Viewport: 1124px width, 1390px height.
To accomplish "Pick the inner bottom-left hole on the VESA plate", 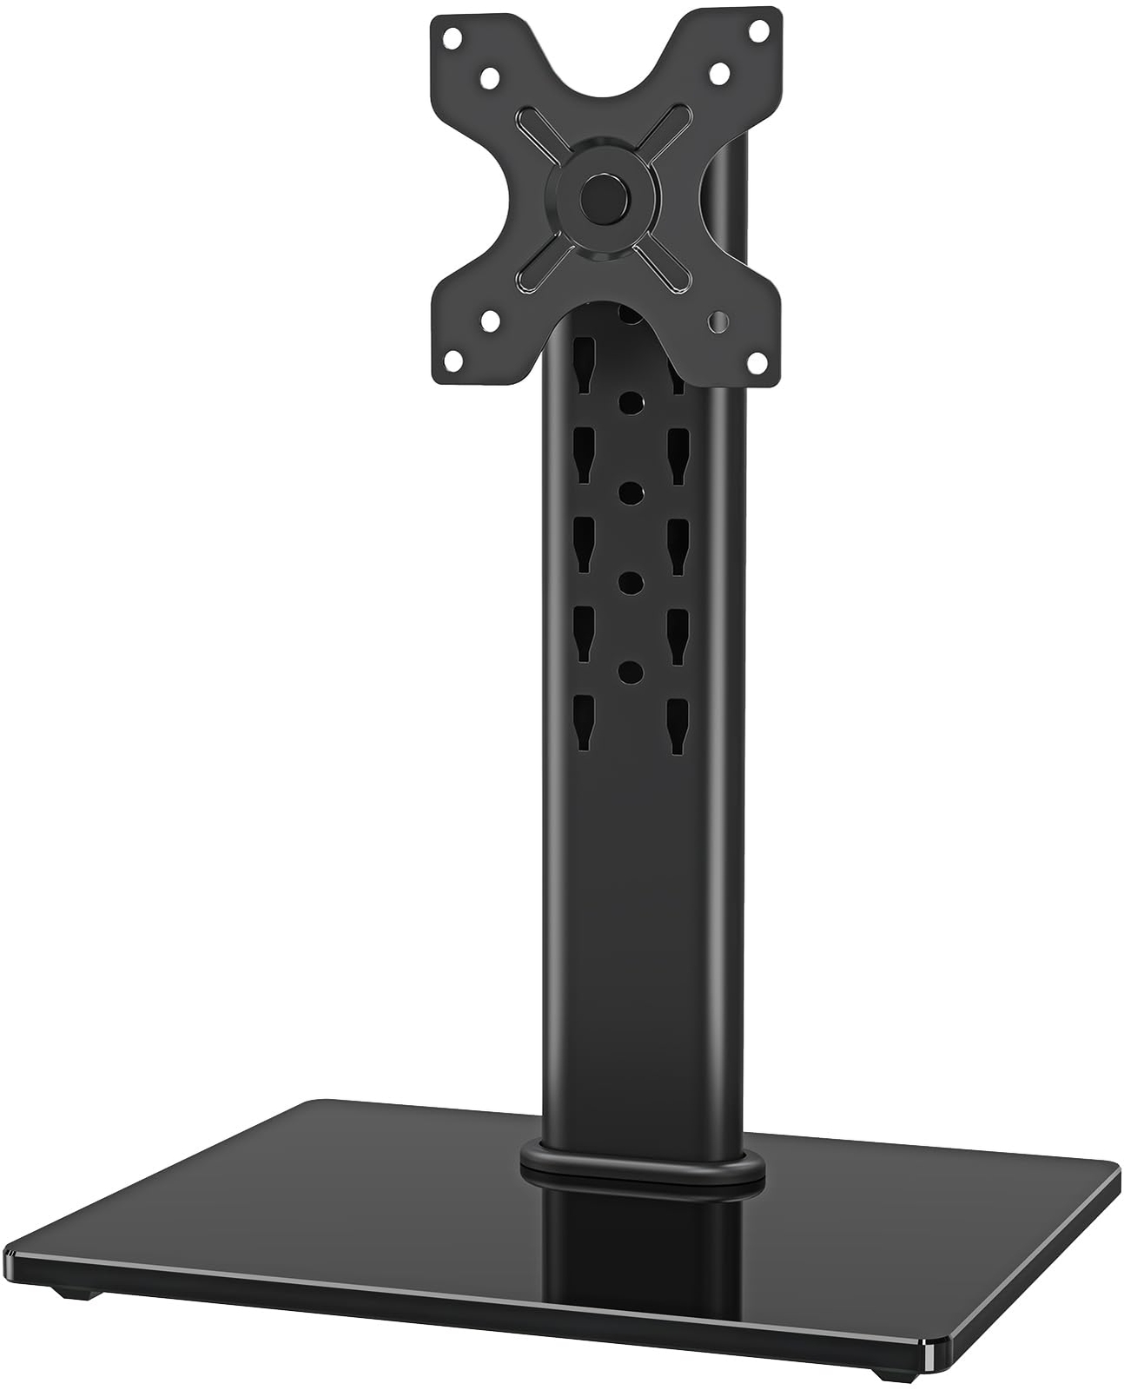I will pos(490,321).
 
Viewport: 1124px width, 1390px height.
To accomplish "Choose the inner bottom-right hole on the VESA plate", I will pos(717,321).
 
